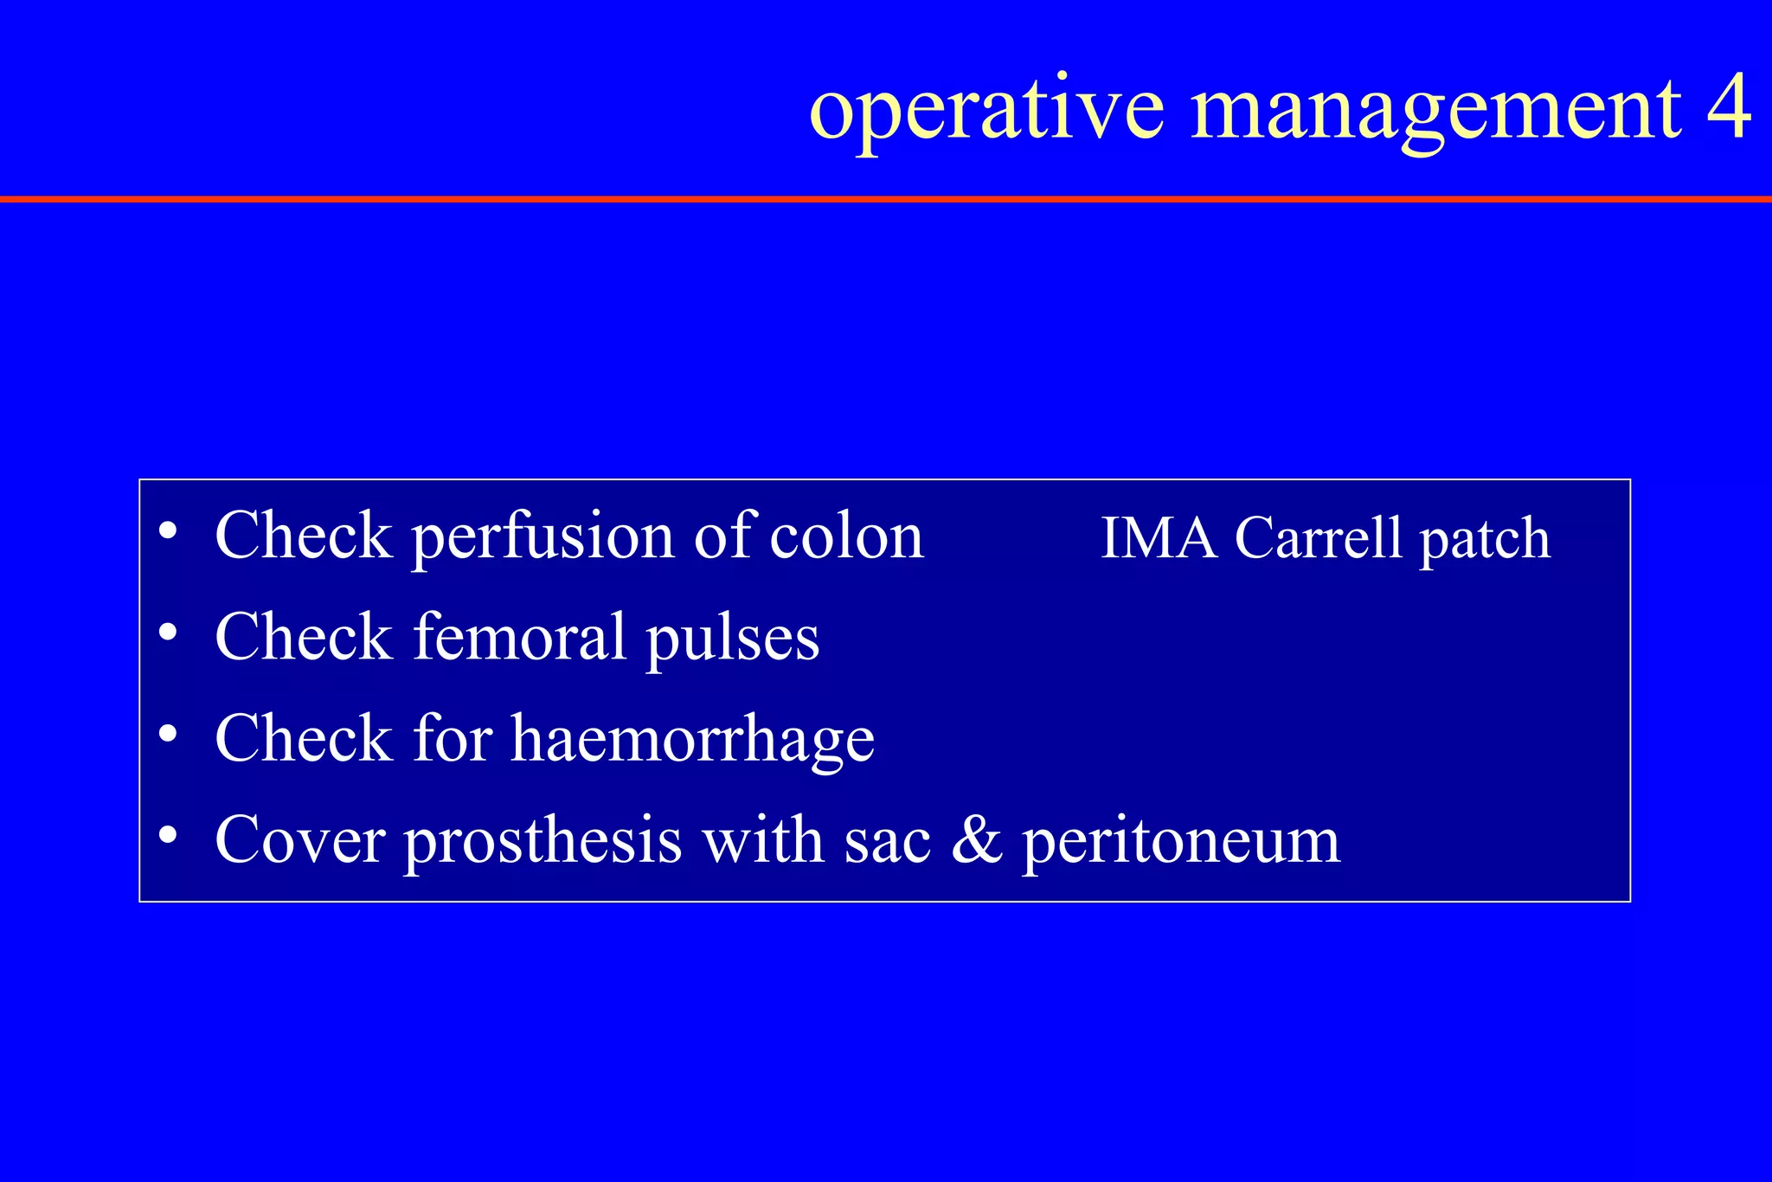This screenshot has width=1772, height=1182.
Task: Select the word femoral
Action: pos(519,637)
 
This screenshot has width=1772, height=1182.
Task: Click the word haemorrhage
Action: pos(692,741)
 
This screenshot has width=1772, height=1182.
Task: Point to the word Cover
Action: pos(299,839)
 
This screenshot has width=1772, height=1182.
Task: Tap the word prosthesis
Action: pos(543,842)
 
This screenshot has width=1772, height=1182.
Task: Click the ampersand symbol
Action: pos(977,839)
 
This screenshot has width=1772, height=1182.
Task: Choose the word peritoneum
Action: pos(1181,842)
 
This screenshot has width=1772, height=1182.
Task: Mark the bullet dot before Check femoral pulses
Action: pos(169,633)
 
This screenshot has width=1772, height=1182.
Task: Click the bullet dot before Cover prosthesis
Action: pos(169,835)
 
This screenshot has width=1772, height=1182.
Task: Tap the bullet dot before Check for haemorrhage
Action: pos(169,734)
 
